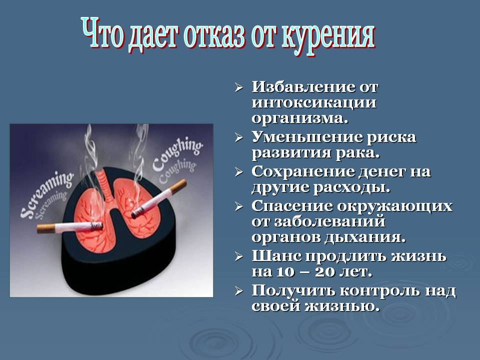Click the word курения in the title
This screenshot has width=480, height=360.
330,35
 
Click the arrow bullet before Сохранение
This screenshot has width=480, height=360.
239,172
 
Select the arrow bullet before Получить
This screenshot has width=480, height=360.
239,291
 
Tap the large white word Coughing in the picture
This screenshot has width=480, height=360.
177,153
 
